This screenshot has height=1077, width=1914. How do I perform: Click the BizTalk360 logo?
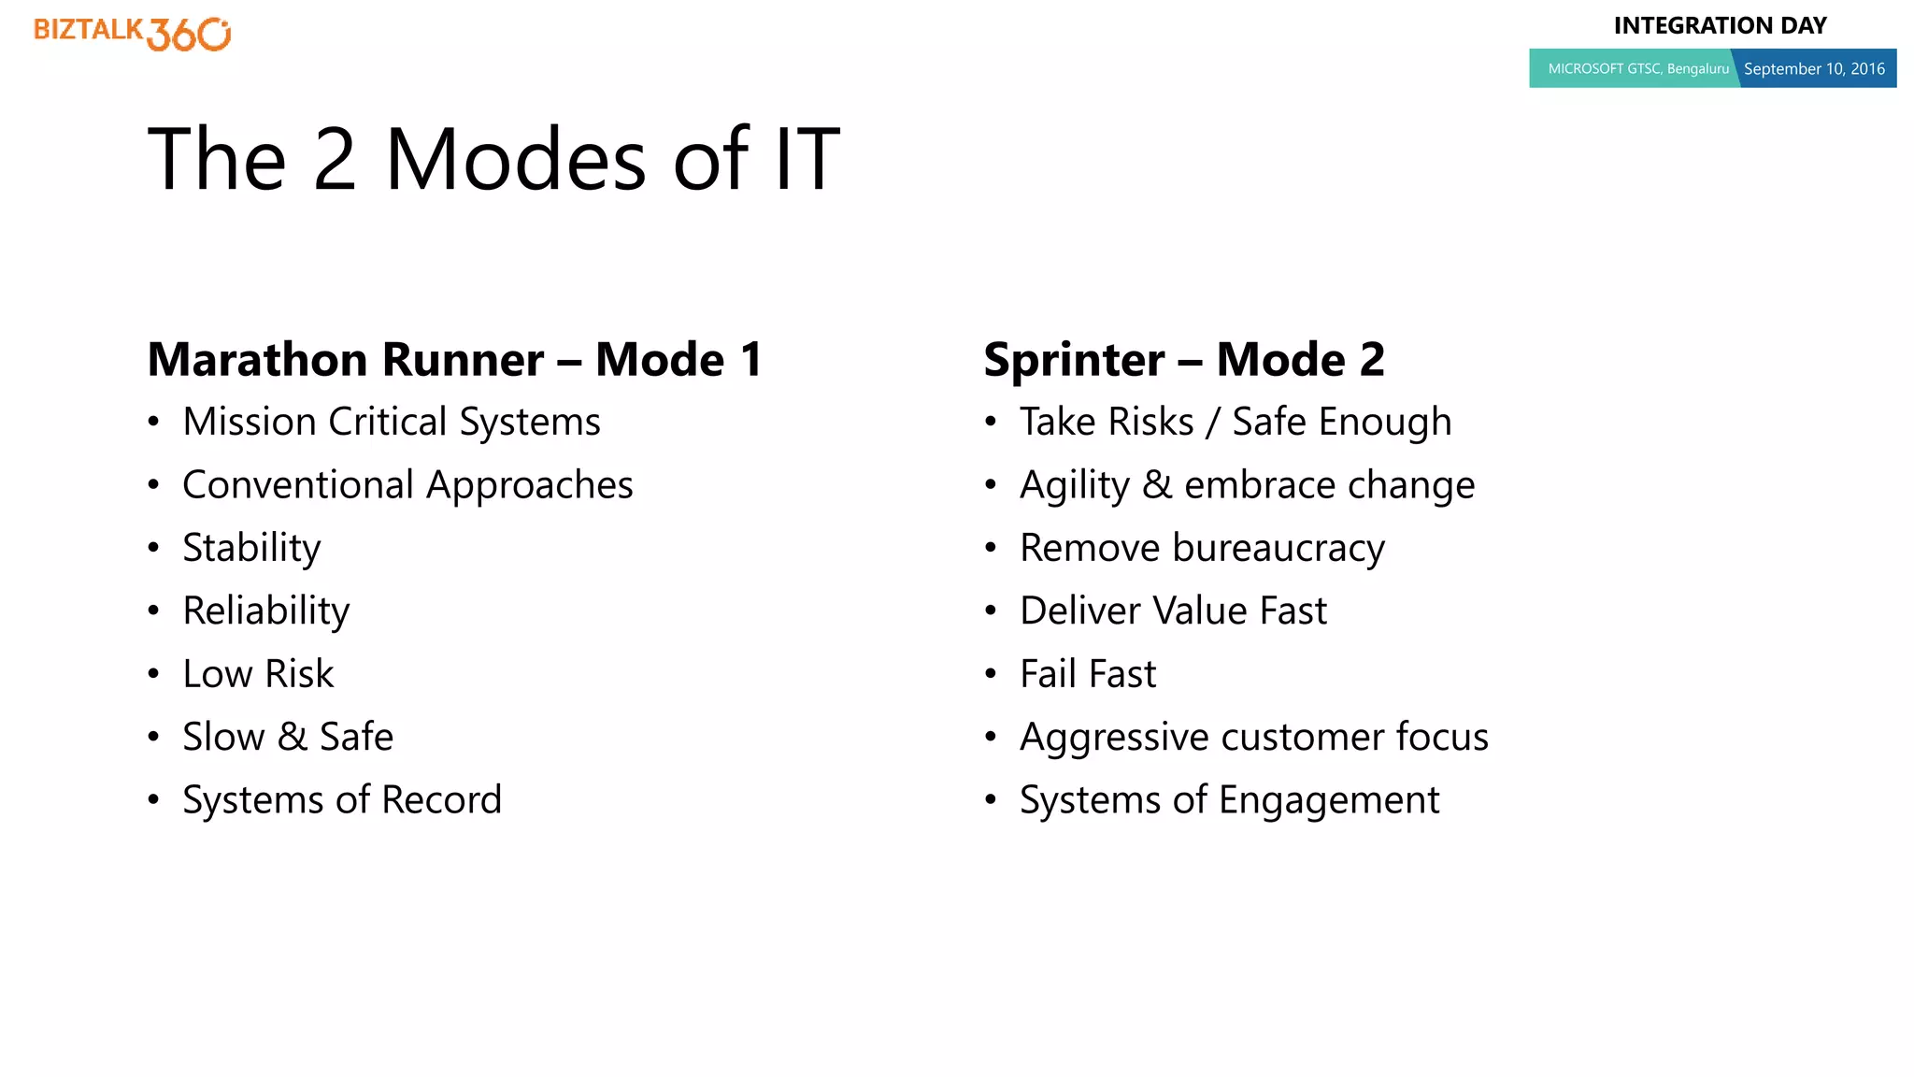132,34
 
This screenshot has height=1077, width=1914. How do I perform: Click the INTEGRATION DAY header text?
1720,26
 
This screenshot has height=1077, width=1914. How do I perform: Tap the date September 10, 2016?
1813,69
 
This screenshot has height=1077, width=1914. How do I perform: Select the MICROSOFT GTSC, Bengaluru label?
1637,69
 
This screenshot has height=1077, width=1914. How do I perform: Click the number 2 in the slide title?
335,160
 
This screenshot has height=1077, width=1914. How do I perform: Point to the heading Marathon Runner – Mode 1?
454,360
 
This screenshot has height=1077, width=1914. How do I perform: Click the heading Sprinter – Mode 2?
1183,360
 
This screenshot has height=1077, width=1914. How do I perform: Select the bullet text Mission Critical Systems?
391,423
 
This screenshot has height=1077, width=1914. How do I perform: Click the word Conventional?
297,485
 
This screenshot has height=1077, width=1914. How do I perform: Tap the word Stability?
251,549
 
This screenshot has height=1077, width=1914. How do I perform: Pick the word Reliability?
265,611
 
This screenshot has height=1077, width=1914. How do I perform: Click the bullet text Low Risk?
258,674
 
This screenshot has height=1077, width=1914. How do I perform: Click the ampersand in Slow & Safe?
293,738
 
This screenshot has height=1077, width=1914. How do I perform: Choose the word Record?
441,800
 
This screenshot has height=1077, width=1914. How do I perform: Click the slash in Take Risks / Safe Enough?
1212,423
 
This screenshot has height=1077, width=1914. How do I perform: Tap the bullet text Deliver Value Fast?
1173,611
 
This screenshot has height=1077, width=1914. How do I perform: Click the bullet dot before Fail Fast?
991,674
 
